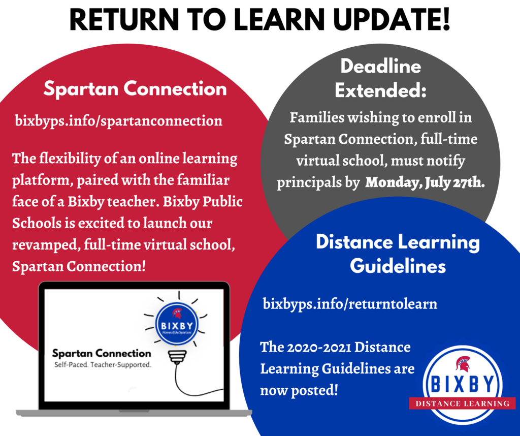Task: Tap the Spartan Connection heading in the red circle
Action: (135, 88)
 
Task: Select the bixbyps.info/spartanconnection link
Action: (118, 121)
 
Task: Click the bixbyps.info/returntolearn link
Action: (350, 304)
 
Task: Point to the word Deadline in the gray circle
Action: (381, 66)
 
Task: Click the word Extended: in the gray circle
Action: (380, 90)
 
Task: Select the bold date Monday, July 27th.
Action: (425, 182)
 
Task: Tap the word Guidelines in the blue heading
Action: (398, 266)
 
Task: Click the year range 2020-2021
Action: (319, 348)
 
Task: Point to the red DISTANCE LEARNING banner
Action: (462, 403)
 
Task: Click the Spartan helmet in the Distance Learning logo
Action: (463, 364)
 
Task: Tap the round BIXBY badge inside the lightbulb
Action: (177, 324)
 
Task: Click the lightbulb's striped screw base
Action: (177, 357)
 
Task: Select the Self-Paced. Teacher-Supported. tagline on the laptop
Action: (103, 365)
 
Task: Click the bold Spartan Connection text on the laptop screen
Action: (102, 353)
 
